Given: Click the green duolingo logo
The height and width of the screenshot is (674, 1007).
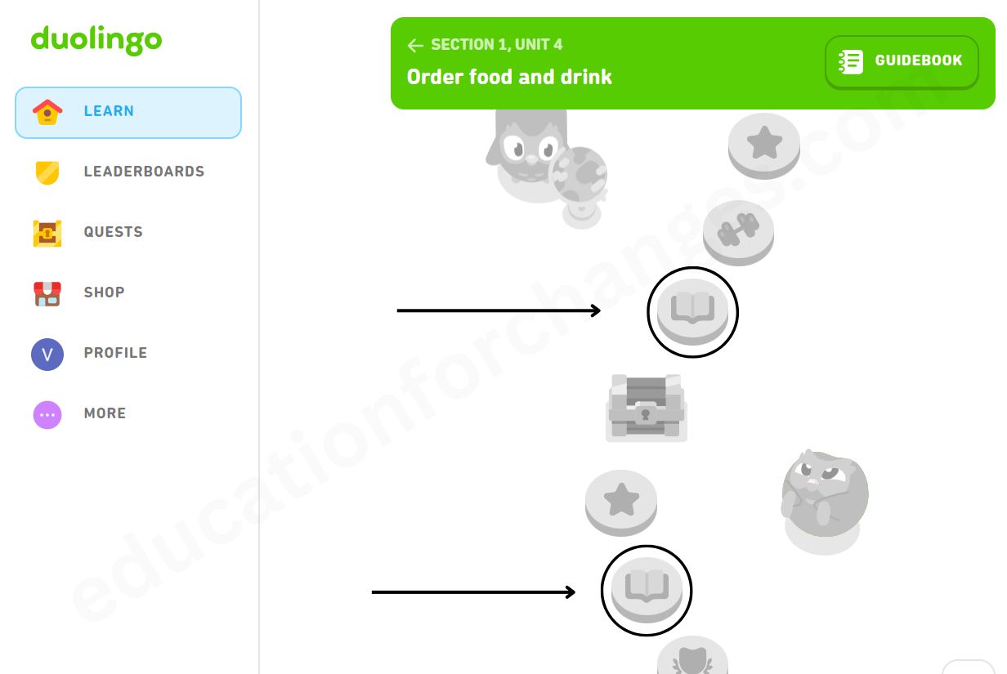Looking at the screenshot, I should [96, 39].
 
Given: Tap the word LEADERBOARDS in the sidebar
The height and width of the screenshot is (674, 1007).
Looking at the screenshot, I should [144, 172].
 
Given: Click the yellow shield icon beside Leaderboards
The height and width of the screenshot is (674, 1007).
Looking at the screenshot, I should [47, 172].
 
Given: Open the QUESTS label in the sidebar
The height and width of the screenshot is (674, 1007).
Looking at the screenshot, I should [113, 232].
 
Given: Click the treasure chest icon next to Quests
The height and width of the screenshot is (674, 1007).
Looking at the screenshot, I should [47, 233].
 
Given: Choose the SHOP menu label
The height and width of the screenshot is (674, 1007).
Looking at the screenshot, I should [104, 292].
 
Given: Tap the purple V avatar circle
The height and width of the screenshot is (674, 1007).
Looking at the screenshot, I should [47, 354].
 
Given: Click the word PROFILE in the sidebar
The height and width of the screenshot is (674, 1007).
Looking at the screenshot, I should [115, 353].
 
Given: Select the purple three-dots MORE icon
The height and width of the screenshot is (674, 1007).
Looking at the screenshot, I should [47, 414].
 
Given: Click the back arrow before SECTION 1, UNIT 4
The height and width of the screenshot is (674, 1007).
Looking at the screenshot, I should [415, 45].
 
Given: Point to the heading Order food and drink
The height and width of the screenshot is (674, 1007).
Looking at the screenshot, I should [509, 77].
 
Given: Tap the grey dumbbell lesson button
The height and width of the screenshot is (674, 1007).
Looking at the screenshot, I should [738, 231].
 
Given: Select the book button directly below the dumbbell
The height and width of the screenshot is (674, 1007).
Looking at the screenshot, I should [692, 310].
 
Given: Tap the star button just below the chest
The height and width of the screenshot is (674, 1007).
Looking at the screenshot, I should [621, 500].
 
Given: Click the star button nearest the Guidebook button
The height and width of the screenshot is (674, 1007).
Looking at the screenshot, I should [764, 144].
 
